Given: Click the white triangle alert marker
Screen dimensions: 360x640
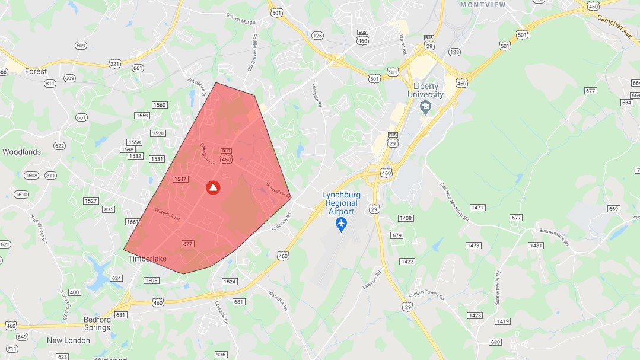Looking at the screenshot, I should (214, 187).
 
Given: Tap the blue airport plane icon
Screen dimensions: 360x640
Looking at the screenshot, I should (341, 224).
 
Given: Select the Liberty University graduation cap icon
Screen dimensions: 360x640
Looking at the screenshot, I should (425, 107).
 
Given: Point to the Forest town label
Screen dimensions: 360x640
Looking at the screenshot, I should (36, 71).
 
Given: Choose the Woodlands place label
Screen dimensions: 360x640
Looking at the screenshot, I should (22, 152).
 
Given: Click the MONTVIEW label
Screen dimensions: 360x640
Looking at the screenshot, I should (483, 4).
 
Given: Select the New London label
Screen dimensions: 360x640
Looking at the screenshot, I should (69, 340).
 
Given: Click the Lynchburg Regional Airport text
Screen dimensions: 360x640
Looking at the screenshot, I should (341, 203).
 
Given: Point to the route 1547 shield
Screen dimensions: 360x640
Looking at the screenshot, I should (180, 179).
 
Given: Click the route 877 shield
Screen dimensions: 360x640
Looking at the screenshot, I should (188, 244).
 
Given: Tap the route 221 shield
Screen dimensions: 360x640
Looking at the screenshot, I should (115, 63).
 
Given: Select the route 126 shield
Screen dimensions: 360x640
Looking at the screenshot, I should (317, 36).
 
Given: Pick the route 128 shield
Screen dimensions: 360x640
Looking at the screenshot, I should (454, 52).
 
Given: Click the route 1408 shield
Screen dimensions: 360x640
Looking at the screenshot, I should (405, 218).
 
